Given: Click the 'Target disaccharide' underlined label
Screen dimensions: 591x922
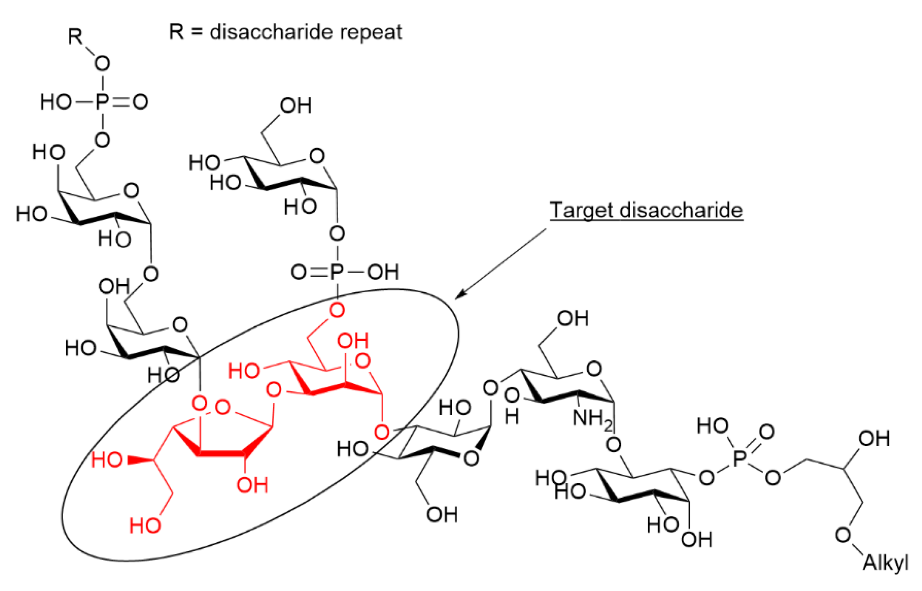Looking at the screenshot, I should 646,210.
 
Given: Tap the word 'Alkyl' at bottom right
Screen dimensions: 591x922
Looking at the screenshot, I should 886,563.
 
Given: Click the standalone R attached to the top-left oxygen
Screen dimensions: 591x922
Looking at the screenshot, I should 75,37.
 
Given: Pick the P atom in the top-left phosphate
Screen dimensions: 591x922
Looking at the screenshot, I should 102,102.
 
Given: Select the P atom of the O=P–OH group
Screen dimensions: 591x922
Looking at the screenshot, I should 336,272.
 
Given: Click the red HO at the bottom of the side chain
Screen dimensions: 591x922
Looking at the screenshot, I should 145,525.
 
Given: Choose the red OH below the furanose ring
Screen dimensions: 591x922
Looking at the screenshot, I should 252,485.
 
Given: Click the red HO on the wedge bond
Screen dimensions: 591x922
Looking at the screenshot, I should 107,460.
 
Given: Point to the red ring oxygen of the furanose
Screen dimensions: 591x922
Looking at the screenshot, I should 223,407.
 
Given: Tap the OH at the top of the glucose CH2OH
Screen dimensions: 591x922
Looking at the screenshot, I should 296,105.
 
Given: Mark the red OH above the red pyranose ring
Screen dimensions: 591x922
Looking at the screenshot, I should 353,340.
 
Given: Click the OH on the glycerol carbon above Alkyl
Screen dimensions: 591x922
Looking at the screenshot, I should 874,438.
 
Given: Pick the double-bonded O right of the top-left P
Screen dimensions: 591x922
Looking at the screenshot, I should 140,102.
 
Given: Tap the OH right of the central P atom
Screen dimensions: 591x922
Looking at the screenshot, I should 383,272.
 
